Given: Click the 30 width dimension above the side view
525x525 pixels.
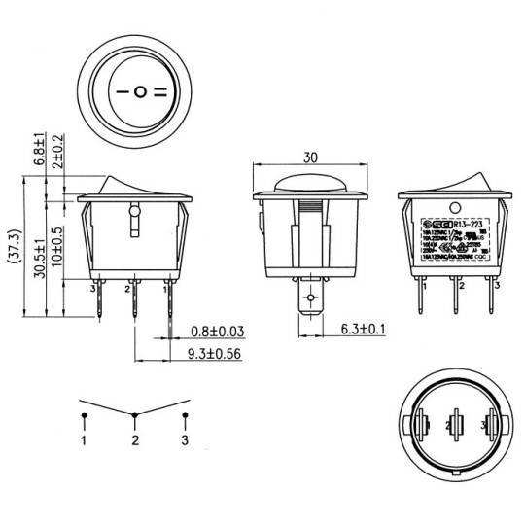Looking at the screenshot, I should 312,157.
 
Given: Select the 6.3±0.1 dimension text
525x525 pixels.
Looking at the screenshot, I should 364,330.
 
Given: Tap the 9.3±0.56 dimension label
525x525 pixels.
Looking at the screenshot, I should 215,354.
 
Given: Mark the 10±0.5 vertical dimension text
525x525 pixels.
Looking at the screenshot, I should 58,247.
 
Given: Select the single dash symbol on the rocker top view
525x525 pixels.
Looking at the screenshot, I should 122,93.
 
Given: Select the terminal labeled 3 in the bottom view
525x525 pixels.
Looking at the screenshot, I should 489,425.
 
